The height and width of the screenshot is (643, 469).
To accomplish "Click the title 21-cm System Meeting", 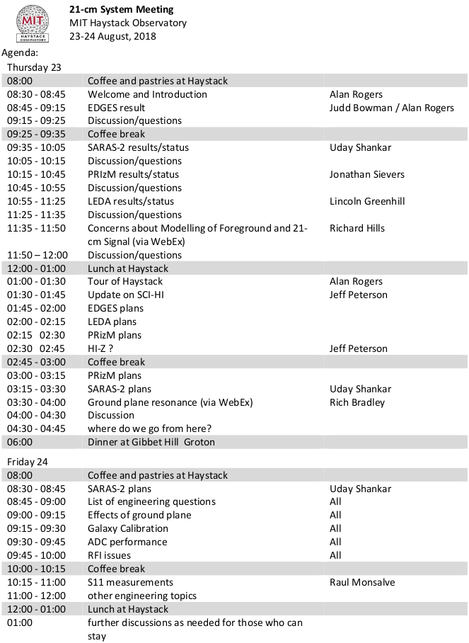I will [x=121, y=10].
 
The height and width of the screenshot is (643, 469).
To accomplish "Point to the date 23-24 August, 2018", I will [x=112, y=36].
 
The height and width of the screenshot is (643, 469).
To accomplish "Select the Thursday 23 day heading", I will [x=34, y=67].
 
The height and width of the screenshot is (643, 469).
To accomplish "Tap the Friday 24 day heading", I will [x=28, y=462].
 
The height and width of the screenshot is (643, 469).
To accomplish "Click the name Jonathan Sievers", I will [x=368, y=174].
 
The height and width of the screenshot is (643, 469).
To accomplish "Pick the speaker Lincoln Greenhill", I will [x=367, y=201].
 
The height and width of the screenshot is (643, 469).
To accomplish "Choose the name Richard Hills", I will [x=357, y=228].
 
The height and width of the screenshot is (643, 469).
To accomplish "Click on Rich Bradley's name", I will [x=357, y=402].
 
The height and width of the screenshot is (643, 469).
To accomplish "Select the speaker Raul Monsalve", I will [x=362, y=582].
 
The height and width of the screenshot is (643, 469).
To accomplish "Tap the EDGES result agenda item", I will [x=116, y=108].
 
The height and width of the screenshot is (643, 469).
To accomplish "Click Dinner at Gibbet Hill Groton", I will [x=151, y=442].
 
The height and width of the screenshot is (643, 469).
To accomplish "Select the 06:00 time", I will [x=21, y=442].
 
